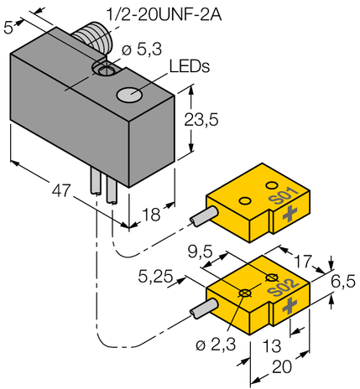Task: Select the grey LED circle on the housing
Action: pyautogui.click(x=129, y=95)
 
